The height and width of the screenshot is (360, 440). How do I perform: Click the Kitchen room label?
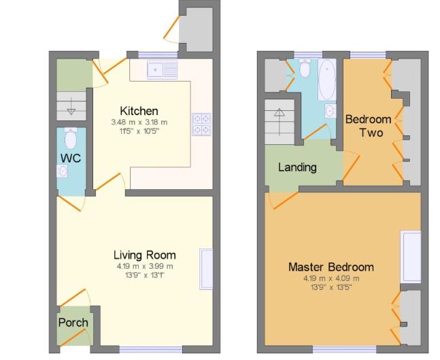click(139, 111)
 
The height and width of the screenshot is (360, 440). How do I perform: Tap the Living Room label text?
click(144, 255)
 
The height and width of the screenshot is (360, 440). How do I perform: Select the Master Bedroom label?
click(331, 267)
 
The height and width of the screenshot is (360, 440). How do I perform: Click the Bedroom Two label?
click(368, 126)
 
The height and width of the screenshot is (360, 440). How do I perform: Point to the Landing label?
click(297, 167)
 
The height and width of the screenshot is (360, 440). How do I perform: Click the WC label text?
click(71, 159)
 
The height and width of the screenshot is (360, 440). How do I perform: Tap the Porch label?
click(72, 322)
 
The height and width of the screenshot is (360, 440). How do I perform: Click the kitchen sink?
click(161, 68)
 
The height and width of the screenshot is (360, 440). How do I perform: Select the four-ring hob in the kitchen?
click(202, 124)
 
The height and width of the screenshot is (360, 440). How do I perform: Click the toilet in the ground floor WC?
click(71, 139)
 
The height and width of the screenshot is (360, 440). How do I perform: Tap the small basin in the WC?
click(62, 171)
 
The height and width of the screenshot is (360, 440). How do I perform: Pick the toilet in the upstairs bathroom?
click(305, 68)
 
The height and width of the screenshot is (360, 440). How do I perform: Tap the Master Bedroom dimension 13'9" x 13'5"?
click(331, 287)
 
